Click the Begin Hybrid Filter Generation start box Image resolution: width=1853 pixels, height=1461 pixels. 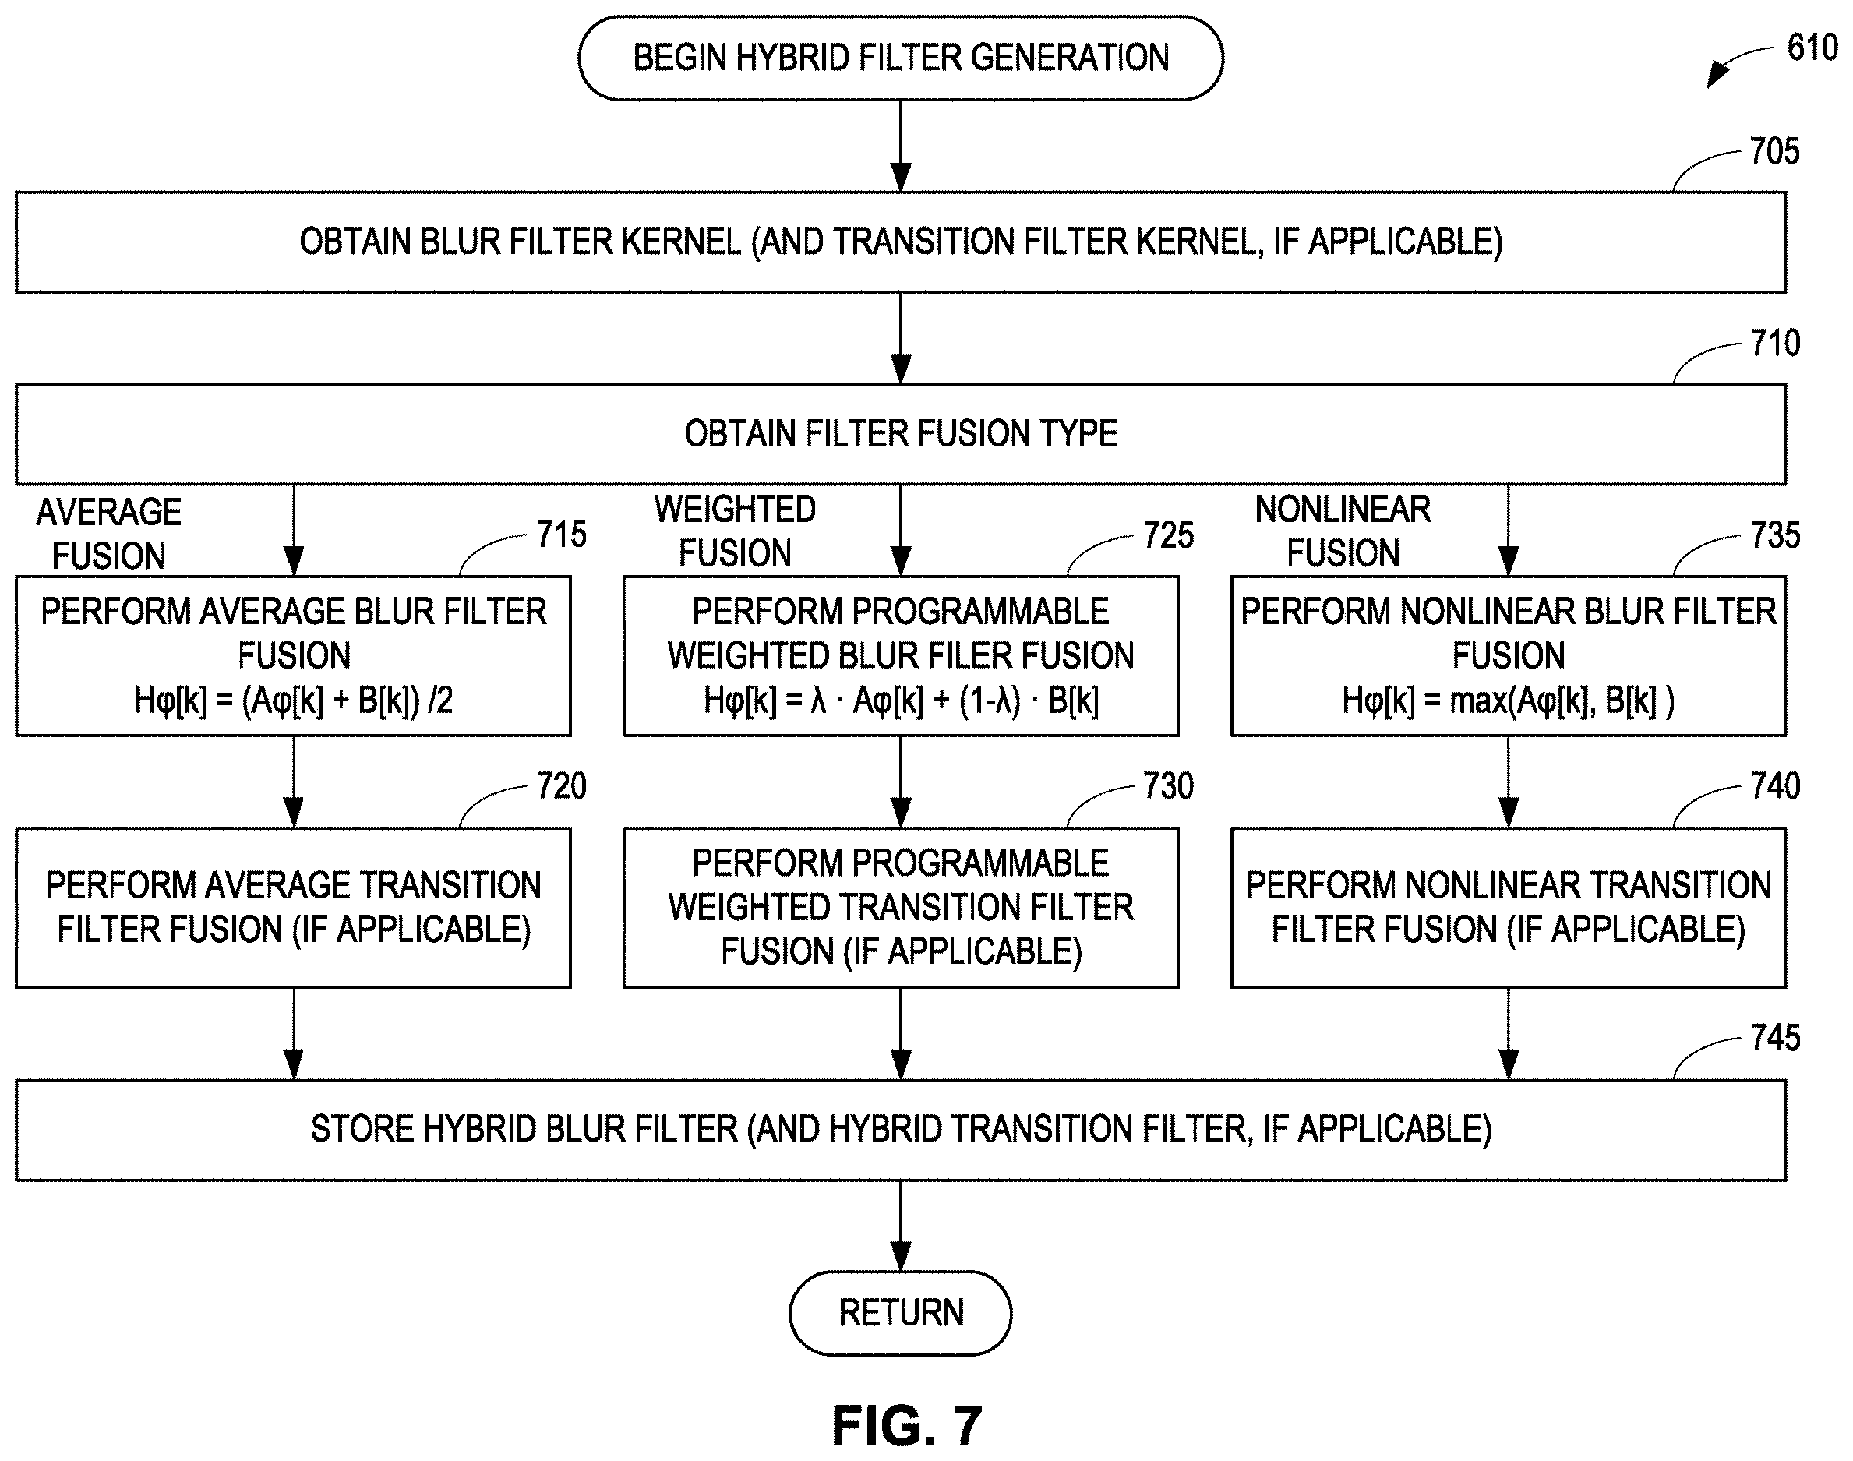(x=900, y=58)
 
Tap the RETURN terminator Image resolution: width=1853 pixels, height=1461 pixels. (x=900, y=1313)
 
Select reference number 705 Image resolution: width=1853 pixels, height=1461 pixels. (x=1774, y=151)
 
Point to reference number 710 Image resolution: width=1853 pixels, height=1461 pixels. (x=1774, y=343)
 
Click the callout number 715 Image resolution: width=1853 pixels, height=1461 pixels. (x=561, y=535)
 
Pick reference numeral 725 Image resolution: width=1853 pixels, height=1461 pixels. (x=1169, y=535)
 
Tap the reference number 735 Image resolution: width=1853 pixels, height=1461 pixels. (x=1775, y=535)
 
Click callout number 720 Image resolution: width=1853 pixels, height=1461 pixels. (x=561, y=786)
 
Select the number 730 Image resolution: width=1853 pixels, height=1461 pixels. (x=1169, y=786)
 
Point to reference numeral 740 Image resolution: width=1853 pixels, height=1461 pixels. (x=1775, y=786)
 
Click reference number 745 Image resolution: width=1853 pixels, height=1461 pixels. (x=1775, y=1038)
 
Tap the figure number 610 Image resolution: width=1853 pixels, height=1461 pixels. (x=1812, y=47)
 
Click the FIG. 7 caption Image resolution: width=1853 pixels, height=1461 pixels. (x=907, y=1425)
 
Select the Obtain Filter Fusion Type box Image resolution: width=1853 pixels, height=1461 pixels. (x=900, y=434)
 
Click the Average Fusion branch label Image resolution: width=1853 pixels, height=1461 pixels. (x=108, y=534)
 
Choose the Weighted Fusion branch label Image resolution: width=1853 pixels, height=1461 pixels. (x=735, y=531)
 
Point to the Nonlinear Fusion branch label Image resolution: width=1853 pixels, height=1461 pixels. (x=1343, y=531)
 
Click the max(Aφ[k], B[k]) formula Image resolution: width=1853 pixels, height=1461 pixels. (x=1562, y=701)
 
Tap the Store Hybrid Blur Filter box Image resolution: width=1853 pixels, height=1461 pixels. (x=900, y=1130)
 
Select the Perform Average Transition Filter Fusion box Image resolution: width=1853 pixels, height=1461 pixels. (x=294, y=908)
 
